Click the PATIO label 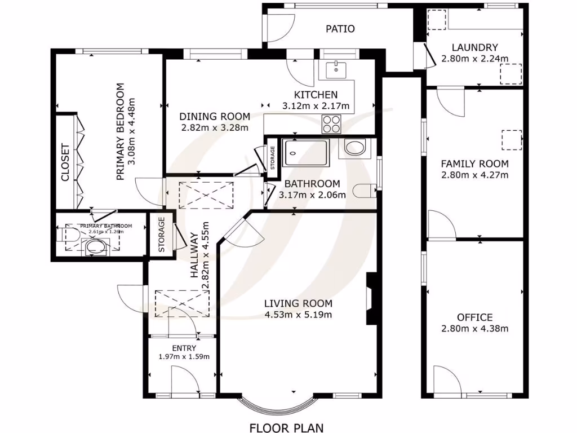tap(340, 29)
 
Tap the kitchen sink tap(336, 70)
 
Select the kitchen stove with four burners tap(331, 123)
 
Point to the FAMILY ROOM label tap(474, 164)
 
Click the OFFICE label tap(474, 317)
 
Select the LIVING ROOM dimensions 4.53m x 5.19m tap(298, 315)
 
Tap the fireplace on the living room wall tap(371, 299)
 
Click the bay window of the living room tap(276, 405)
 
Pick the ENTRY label tap(181, 348)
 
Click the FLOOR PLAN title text tap(287, 427)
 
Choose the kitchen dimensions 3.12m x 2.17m tap(316, 105)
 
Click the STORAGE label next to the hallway tap(161, 234)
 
